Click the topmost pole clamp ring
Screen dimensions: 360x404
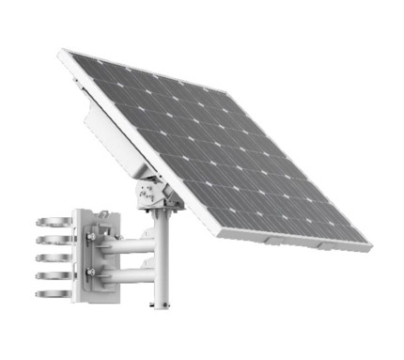tap(49, 223)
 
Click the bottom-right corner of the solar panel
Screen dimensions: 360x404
tap(368, 247)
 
